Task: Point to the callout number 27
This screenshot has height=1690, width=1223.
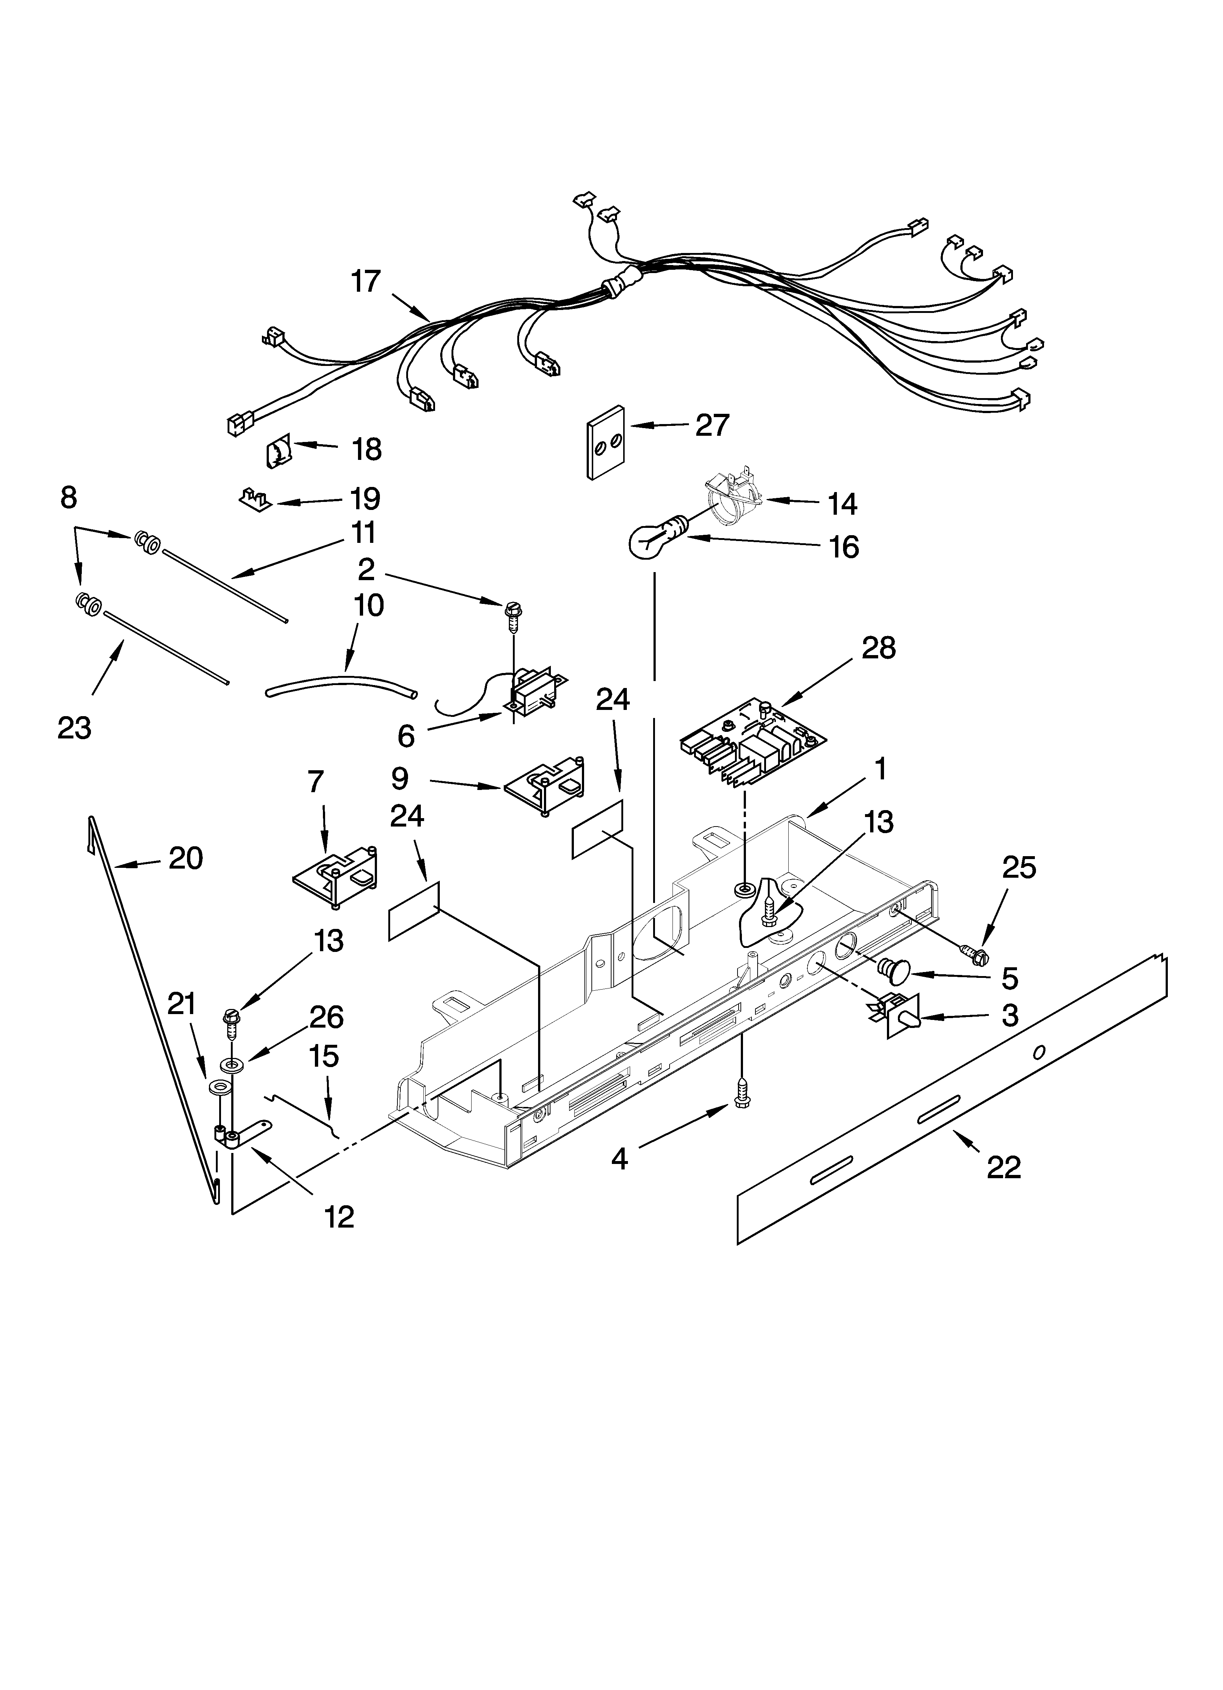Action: pyautogui.click(x=712, y=426)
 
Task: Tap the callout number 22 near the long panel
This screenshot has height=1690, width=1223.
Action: pyautogui.click(x=1003, y=1167)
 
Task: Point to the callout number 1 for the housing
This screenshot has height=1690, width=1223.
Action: pyautogui.click(x=880, y=769)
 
